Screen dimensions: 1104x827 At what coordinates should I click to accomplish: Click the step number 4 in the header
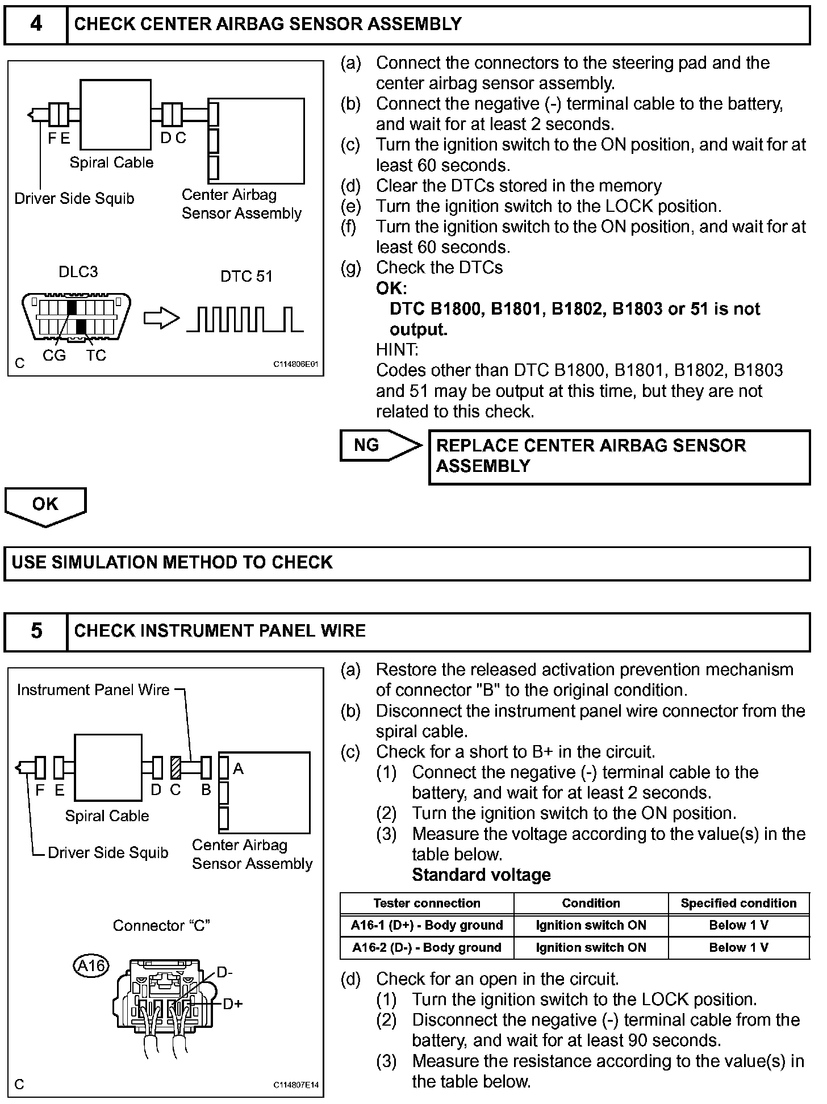click(36, 24)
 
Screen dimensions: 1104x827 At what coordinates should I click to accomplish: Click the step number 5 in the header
click(36, 631)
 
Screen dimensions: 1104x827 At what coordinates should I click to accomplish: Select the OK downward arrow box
click(45, 505)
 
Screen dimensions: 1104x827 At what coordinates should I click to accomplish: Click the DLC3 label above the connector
click(78, 272)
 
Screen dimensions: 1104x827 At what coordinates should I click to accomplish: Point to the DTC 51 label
click(247, 277)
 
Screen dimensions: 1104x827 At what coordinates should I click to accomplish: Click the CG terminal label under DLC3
click(54, 356)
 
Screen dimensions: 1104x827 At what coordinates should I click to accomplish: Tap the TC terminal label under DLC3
click(96, 356)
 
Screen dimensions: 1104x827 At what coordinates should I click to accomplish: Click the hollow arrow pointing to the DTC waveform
click(161, 319)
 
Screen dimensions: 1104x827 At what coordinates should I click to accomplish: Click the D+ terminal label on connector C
click(232, 1004)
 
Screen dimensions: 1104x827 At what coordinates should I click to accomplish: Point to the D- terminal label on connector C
click(224, 973)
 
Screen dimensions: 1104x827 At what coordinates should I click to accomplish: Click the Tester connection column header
click(427, 904)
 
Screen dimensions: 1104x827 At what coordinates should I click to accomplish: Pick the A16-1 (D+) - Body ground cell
click(427, 925)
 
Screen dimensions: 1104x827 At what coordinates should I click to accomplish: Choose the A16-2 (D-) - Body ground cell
click(427, 947)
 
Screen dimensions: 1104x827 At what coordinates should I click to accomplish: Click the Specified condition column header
click(738, 904)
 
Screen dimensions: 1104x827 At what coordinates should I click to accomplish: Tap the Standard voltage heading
click(481, 875)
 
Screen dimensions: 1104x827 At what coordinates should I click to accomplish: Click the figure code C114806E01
click(296, 365)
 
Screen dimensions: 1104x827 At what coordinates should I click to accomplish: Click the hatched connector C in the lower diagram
click(176, 768)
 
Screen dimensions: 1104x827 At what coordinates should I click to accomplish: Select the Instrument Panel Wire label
click(93, 690)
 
